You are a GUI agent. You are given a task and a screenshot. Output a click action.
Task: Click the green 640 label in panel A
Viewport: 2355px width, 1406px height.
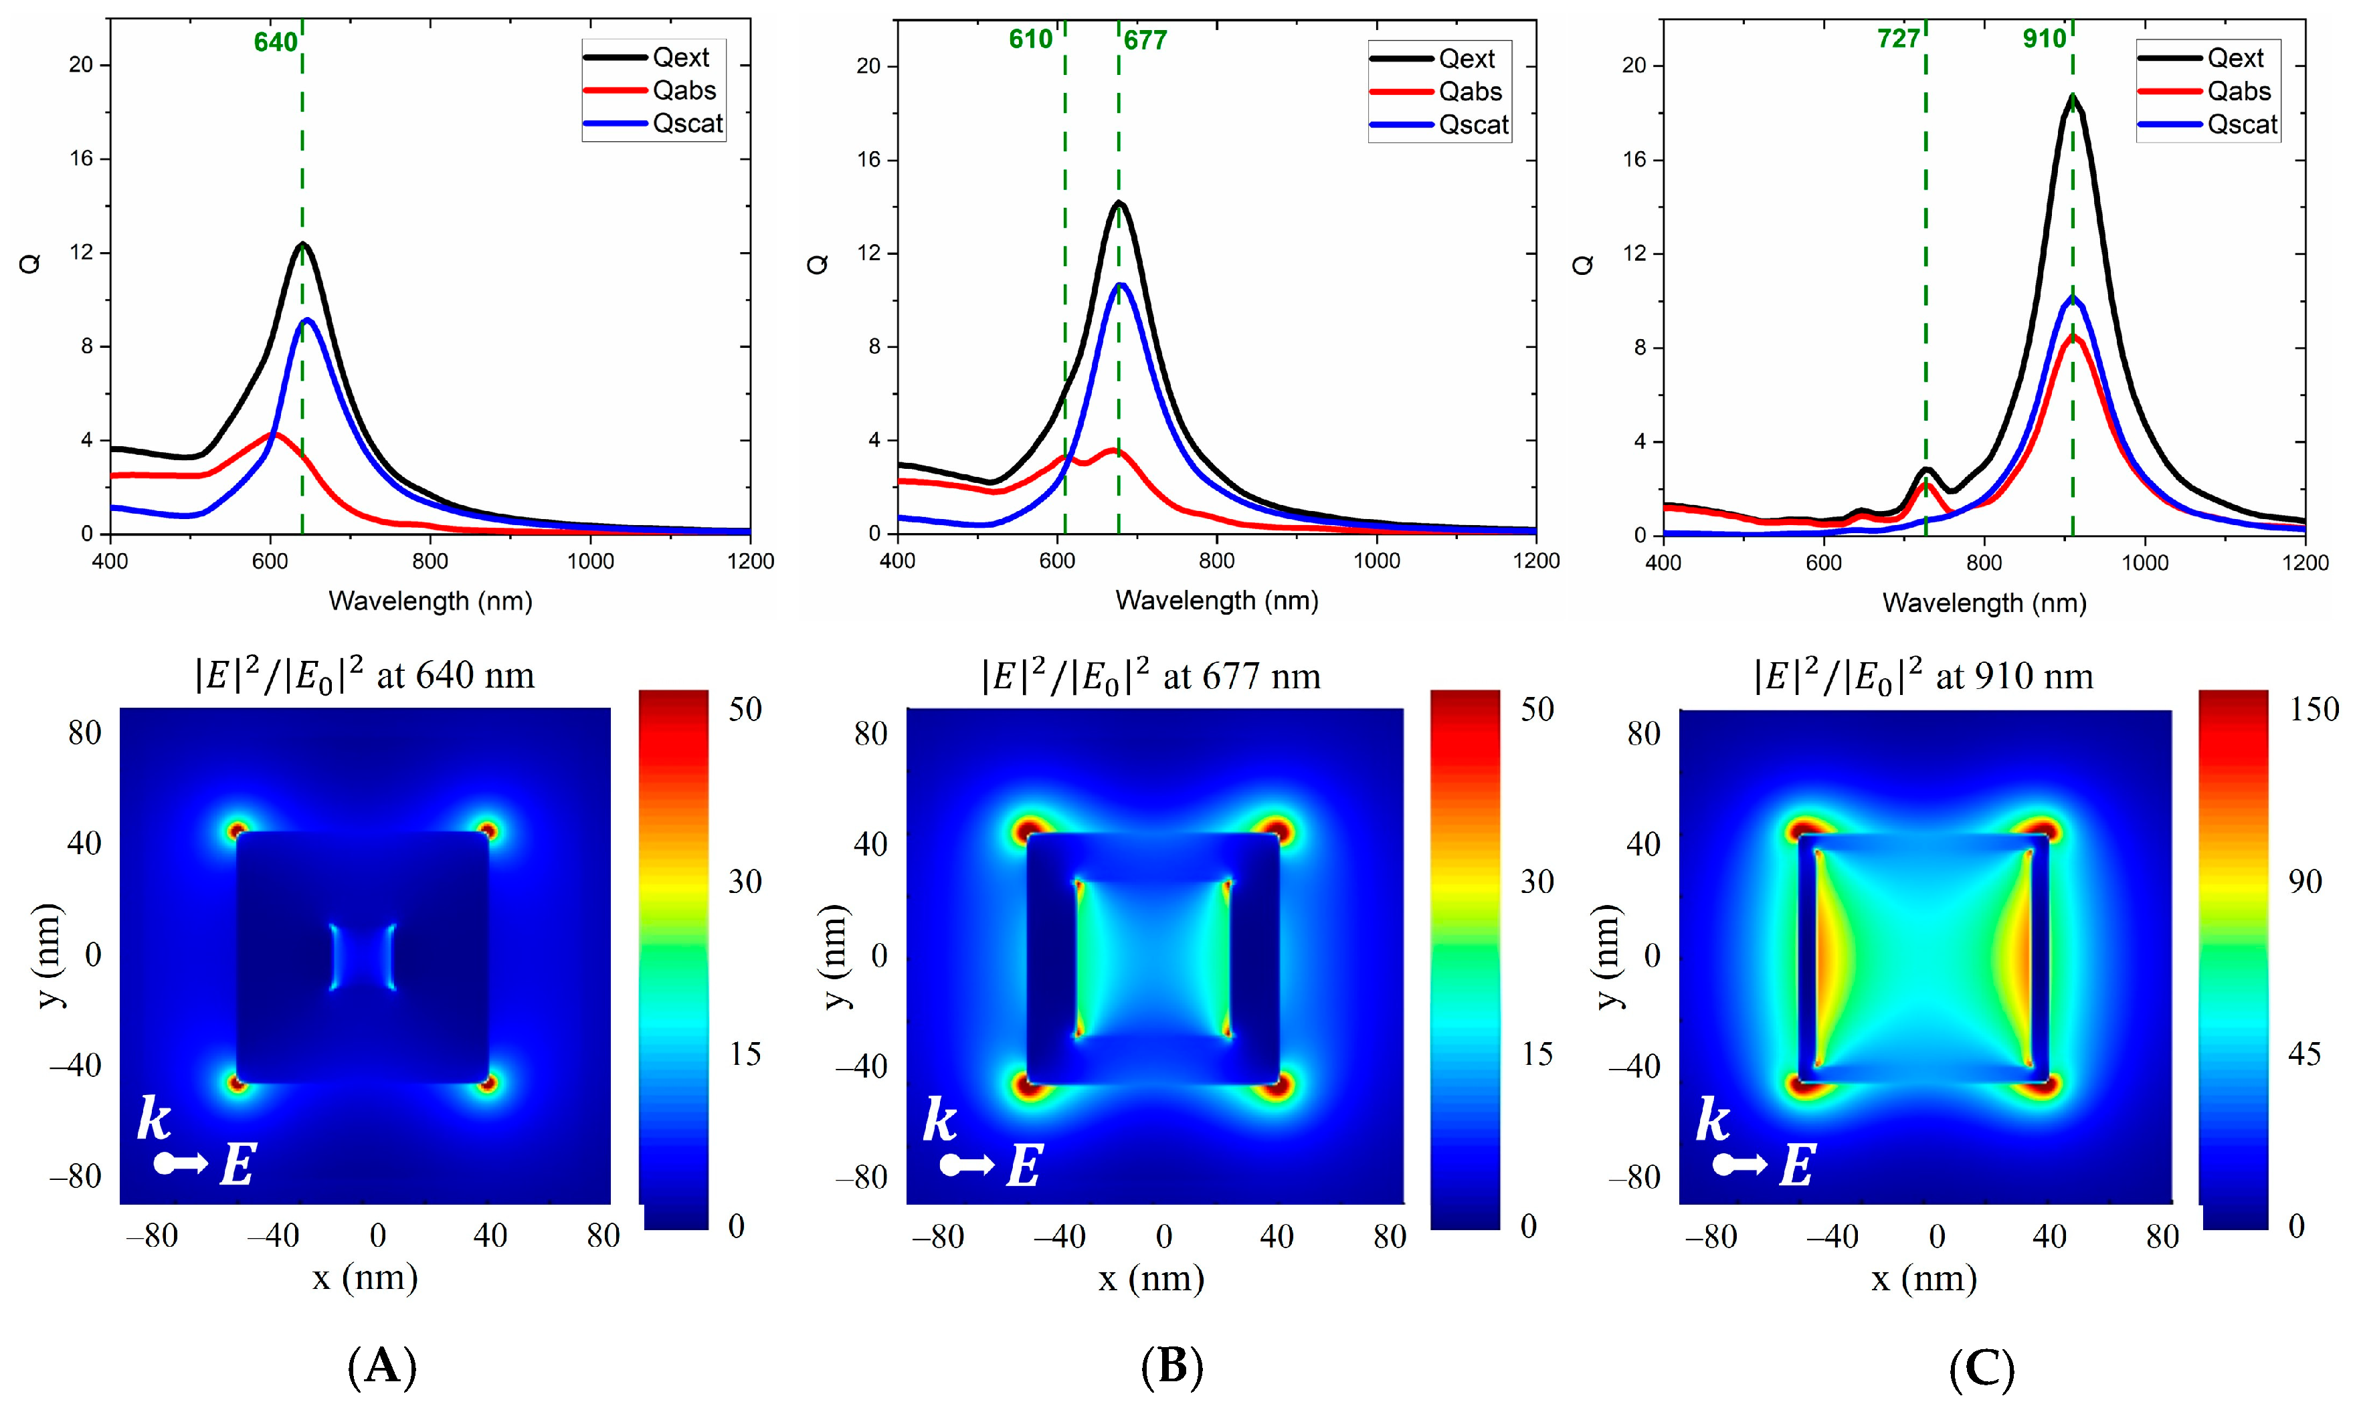point(275,43)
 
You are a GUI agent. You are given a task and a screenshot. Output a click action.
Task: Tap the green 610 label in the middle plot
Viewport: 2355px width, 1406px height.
point(1030,39)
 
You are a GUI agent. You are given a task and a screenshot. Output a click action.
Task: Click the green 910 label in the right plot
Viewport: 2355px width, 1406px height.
point(2044,39)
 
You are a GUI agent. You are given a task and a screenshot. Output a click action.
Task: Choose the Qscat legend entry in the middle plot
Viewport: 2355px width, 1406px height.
point(1473,125)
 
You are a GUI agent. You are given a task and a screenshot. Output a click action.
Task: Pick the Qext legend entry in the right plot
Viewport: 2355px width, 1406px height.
point(2235,59)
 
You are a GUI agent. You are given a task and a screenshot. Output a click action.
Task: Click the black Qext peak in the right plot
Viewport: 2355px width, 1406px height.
point(2073,95)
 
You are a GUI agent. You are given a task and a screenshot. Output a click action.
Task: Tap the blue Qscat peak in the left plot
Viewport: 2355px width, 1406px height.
point(308,320)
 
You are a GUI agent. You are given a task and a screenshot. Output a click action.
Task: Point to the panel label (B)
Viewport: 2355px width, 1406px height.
point(1171,1367)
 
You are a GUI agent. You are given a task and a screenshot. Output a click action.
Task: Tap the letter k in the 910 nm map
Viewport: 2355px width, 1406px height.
point(1713,1121)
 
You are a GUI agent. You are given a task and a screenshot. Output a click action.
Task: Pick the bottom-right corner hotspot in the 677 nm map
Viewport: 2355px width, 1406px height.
point(1277,1085)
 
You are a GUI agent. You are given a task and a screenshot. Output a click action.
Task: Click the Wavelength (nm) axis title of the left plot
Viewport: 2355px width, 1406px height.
point(430,601)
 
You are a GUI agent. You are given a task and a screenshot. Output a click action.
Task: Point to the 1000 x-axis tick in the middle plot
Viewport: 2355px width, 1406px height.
point(1376,561)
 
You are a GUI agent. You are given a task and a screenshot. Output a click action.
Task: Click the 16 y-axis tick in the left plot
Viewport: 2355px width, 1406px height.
point(82,159)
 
